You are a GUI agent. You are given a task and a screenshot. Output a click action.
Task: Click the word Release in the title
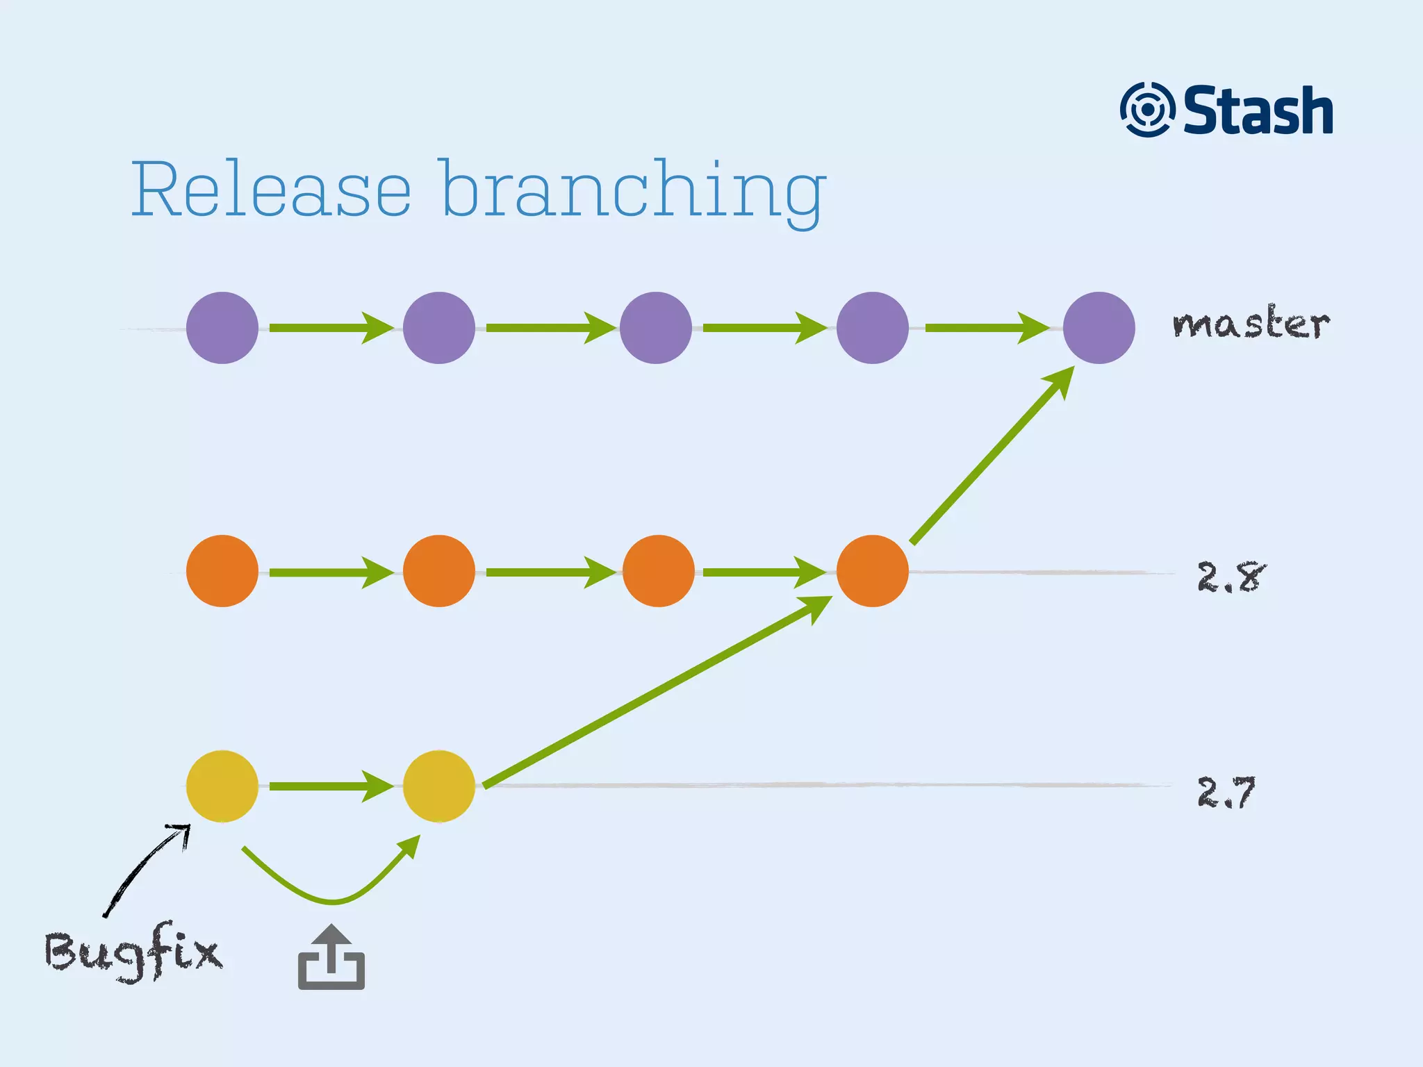pyautogui.click(x=271, y=189)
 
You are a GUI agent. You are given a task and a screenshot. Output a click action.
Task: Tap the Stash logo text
pyautogui.click(x=1258, y=111)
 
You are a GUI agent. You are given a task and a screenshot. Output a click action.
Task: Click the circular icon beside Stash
pyautogui.click(x=1146, y=110)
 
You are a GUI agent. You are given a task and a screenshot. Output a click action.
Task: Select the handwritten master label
pyautogui.click(x=1251, y=324)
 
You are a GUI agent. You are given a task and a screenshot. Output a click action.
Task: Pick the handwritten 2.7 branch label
pyautogui.click(x=1226, y=792)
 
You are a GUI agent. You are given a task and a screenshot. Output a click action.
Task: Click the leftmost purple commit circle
pyautogui.click(x=222, y=328)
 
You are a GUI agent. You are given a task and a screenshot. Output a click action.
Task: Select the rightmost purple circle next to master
pyautogui.click(x=1099, y=328)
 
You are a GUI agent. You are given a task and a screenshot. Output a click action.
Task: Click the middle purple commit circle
pyautogui.click(x=655, y=328)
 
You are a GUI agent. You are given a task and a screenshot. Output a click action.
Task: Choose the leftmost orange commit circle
pyautogui.click(x=222, y=571)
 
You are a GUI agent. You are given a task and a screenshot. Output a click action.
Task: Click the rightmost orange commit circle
pyautogui.click(x=872, y=571)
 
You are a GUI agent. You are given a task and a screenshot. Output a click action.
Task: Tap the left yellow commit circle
pyautogui.click(x=222, y=786)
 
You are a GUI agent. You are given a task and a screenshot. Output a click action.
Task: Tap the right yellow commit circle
pyautogui.click(x=438, y=786)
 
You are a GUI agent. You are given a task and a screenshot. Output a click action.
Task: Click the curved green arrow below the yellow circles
pyautogui.click(x=332, y=900)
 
